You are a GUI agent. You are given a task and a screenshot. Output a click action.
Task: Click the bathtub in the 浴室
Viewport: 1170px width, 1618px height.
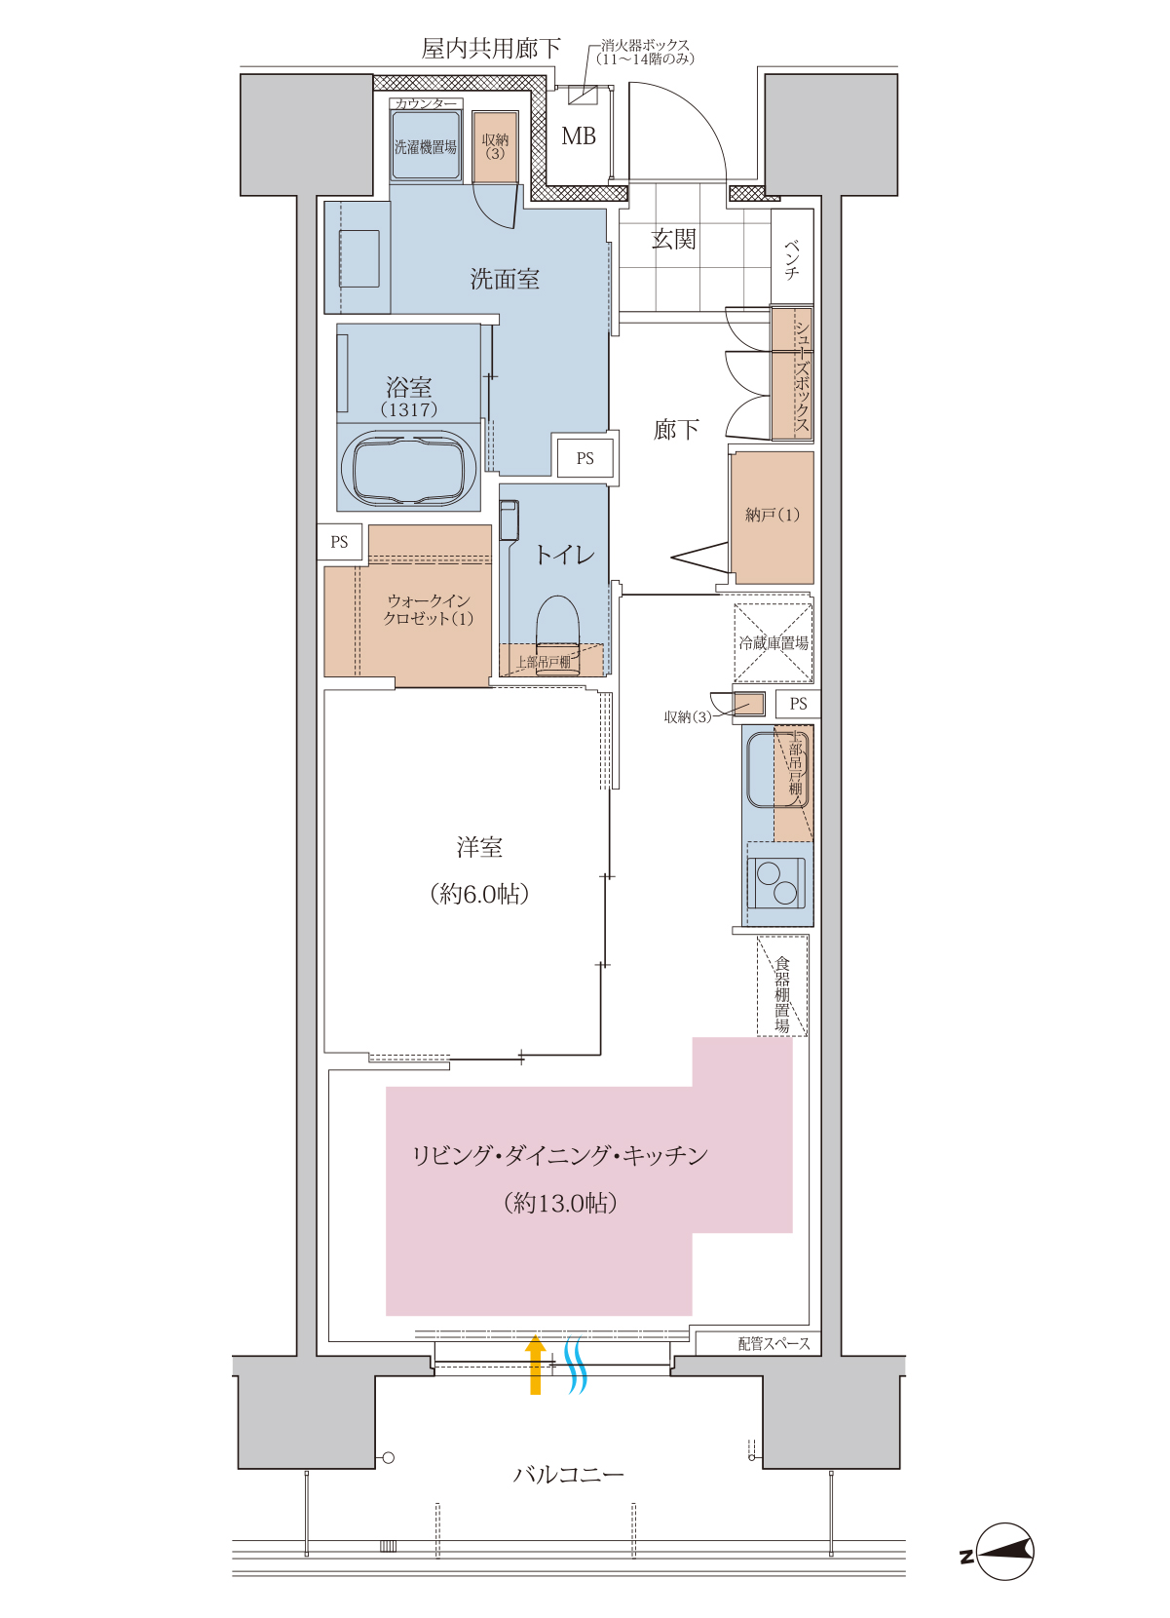(x=408, y=467)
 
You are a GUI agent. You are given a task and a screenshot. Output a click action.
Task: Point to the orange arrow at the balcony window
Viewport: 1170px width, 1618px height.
(x=536, y=1365)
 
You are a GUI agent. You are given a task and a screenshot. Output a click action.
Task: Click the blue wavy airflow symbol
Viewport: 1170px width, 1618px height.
(x=575, y=1365)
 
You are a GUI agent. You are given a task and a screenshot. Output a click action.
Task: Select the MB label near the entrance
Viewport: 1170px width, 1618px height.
(x=579, y=135)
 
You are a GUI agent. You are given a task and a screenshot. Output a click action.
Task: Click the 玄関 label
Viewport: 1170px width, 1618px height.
(x=673, y=239)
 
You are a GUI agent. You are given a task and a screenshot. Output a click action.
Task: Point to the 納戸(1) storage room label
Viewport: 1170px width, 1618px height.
(x=773, y=515)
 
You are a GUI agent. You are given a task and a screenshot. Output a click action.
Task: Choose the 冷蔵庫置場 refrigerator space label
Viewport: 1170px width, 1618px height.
(x=774, y=643)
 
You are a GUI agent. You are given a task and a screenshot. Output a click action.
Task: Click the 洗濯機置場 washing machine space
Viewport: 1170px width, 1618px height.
(x=426, y=147)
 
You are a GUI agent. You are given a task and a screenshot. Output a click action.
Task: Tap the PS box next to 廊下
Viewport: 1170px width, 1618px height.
(x=585, y=458)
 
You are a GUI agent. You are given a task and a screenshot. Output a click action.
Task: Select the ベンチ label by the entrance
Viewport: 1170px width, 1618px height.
(x=792, y=258)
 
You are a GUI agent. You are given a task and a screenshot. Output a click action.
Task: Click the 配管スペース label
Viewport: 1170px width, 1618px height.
(x=774, y=1343)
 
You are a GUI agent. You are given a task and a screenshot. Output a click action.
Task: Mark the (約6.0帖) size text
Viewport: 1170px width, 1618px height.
(x=479, y=894)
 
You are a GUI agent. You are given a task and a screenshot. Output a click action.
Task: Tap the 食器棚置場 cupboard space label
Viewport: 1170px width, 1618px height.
(x=782, y=994)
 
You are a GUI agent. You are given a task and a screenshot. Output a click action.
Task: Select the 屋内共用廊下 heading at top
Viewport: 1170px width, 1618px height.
(x=491, y=49)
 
